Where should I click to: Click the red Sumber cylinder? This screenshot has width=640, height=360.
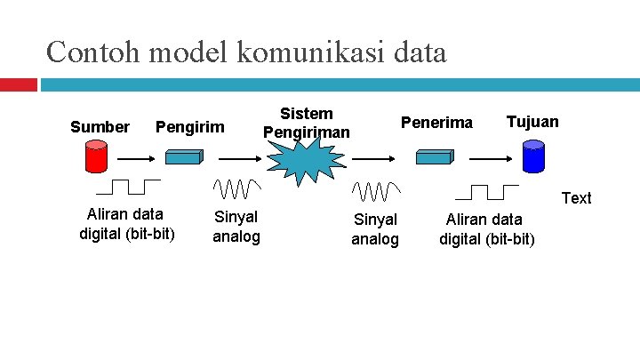(94, 156)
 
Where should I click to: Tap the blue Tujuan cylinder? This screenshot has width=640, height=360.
(532, 157)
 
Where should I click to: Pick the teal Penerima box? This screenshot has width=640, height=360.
(436, 157)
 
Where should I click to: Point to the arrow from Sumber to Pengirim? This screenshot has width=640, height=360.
(138, 158)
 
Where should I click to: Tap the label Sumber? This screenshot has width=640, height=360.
(100, 127)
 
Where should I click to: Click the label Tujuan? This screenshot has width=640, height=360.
(532, 122)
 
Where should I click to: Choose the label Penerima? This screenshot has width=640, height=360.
(437, 123)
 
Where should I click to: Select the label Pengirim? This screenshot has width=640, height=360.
(190, 127)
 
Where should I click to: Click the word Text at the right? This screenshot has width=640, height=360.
(577, 198)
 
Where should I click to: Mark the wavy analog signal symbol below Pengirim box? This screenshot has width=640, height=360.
(236, 188)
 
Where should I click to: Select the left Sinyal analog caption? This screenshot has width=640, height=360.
(236, 227)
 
